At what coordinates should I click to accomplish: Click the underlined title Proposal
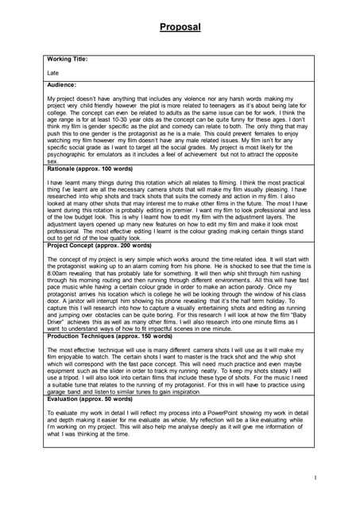point(180,27)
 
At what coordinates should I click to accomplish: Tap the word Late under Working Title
point(53,72)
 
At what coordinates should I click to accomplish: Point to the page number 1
point(315,478)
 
